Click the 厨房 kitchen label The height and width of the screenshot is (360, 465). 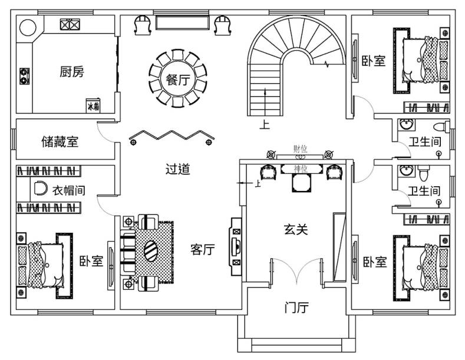[72, 72]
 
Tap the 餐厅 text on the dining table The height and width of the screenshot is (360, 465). [177, 80]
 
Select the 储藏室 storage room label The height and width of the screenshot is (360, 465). [60, 142]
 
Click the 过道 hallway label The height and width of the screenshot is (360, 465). [177, 170]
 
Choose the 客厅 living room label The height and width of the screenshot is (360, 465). [202, 250]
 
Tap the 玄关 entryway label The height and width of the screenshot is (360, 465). [296, 230]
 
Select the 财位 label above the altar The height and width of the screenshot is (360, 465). [300, 150]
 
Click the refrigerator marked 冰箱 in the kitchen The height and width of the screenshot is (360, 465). [93, 105]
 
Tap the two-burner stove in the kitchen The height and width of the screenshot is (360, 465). [25, 75]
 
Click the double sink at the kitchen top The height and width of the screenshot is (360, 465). [70, 24]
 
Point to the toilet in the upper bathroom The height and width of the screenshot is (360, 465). [439, 127]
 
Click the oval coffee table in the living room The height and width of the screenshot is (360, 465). [151, 252]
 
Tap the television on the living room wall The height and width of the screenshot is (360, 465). [235, 244]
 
